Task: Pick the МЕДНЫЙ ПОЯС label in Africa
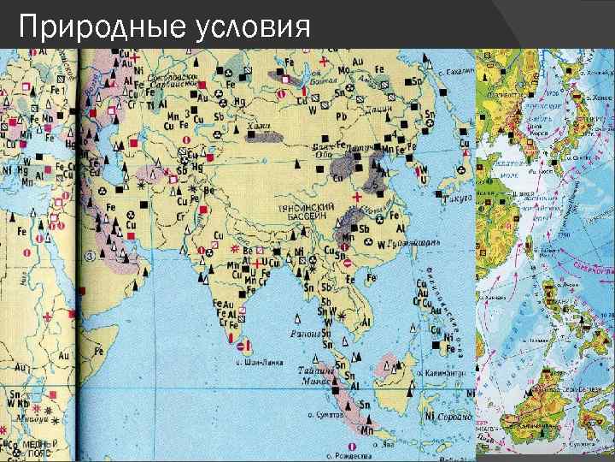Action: tap(38, 447)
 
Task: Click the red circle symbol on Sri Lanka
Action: tap(246, 346)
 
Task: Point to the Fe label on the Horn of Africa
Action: tap(101, 350)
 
